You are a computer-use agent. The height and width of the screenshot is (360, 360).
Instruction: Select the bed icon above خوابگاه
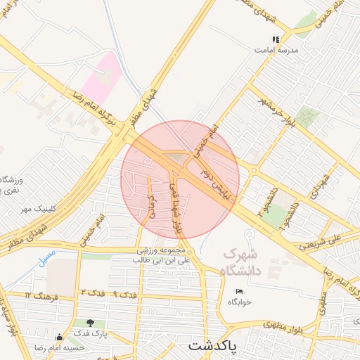click(x=240, y=291)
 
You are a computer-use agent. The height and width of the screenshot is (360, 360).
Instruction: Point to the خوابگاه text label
click(x=239, y=302)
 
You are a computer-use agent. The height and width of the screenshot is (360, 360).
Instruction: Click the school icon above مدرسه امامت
click(x=276, y=41)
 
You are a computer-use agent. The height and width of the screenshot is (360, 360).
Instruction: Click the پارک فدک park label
click(x=91, y=333)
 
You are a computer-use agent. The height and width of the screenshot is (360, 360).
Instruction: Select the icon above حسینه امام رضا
click(x=59, y=337)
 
